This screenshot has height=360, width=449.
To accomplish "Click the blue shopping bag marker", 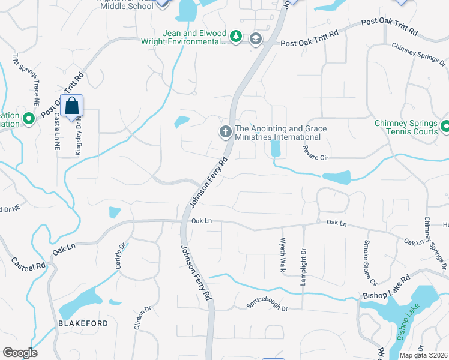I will click(x=71, y=106).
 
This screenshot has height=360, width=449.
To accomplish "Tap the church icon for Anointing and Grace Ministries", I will click(x=226, y=132).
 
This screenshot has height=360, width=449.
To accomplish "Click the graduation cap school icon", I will click(x=256, y=39).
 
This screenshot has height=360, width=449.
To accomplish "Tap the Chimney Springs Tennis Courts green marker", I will click(x=445, y=127).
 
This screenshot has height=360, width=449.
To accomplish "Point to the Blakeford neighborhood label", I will click(x=83, y=323).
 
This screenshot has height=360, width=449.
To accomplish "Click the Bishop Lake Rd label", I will click(x=386, y=287).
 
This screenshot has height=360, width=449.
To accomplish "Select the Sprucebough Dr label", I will click(x=268, y=307).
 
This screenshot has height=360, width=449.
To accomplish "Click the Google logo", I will click(x=20, y=353).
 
